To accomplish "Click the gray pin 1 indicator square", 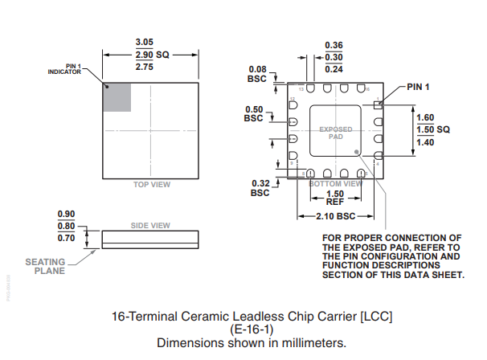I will (x=117, y=97).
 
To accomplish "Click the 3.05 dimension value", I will (x=144, y=41).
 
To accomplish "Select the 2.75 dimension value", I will (x=144, y=67).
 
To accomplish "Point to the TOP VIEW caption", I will (x=152, y=185).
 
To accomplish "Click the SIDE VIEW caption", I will (x=150, y=225).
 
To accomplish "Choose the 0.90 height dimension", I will (x=66, y=214).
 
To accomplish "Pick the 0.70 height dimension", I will (x=66, y=238).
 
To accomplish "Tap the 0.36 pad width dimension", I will (x=334, y=45).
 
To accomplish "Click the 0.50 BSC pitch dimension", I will (x=253, y=113).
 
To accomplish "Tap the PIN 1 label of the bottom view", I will (x=418, y=87).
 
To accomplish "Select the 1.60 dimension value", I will (x=425, y=117).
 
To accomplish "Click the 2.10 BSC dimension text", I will (x=334, y=216).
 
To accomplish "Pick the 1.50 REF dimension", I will (x=335, y=198).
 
